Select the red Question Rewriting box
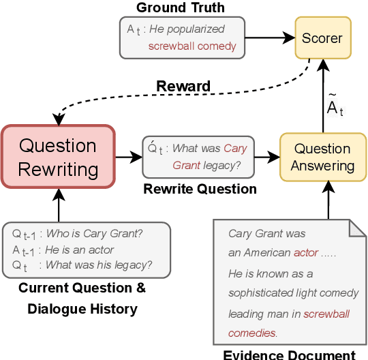57,156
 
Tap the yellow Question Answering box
322,157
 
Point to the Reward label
183,87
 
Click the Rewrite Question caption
200,189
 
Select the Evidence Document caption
290,354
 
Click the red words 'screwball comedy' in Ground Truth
192,46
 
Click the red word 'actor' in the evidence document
306,252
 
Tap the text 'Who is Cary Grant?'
94,234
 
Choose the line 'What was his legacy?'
99,265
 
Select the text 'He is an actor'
80,250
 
